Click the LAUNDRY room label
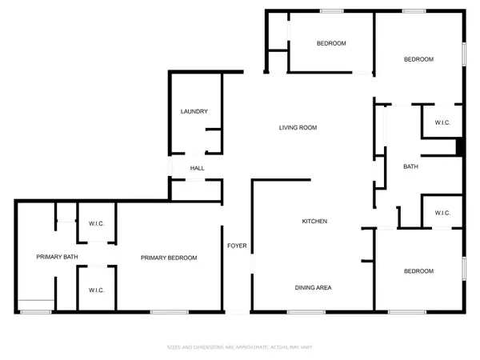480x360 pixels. [x=194, y=111]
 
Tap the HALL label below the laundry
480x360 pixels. [x=197, y=168]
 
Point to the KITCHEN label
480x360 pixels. [x=314, y=222]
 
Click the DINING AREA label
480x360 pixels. [x=314, y=287]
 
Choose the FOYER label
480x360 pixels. [x=237, y=246]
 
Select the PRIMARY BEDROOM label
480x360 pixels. [x=169, y=258]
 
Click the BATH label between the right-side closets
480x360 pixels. [x=411, y=166]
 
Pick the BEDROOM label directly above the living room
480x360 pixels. [x=330, y=43]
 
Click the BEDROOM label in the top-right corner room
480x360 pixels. [x=418, y=59]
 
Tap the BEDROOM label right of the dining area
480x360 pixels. [x=418, y=271]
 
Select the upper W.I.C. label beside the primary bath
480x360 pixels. [x=97, y=224]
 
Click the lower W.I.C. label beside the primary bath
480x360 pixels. [x=97, y=290]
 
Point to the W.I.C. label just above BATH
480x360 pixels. [x=444, y=122]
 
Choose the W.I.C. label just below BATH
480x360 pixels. [x=443, y=213]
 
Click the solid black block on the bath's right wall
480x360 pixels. [x=459, y=147]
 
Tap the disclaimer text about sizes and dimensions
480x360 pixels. [x=238, y=348]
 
